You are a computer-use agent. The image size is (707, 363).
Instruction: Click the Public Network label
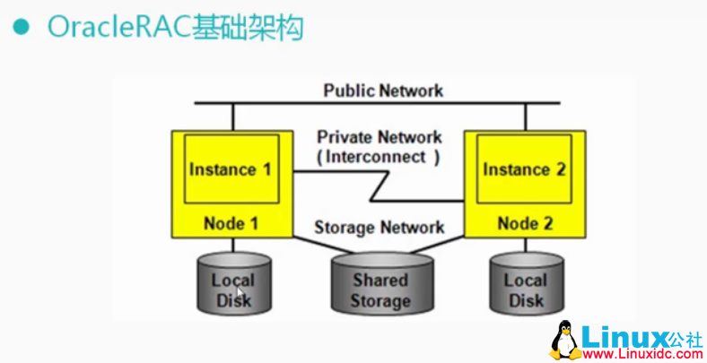tap(383, 91)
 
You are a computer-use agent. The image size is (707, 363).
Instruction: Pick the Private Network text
tap(379, 137)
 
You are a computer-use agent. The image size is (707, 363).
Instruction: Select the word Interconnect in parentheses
tap(379, 156)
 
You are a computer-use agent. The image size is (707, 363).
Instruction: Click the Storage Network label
tap(379, 228)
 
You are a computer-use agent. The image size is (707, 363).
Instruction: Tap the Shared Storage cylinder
tap(380, 282)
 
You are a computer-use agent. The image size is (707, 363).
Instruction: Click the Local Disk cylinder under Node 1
tap(233, 285)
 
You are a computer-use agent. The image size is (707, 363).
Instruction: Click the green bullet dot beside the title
tap(20, 27)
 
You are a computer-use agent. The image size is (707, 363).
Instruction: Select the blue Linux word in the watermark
tap(622, 337)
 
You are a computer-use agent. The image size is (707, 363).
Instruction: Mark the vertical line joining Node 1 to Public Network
tap(232, 117)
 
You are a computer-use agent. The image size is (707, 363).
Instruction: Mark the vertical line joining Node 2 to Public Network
tap(527, 117)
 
